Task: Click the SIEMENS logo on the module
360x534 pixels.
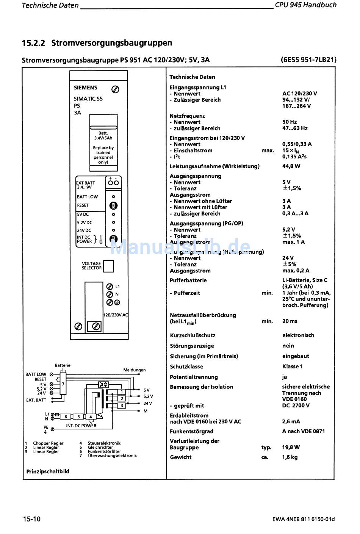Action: [x=85, y=88]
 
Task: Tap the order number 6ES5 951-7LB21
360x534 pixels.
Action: [x=308, y=60]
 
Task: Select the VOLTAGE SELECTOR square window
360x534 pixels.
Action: [x=109, y=266]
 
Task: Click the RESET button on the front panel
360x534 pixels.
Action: [x=113, y=206]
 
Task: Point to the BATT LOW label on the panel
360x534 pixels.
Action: [x=87, y=197]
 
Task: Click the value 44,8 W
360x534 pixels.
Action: [x=291, y=166]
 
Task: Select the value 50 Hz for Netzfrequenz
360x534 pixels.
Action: [x=290, y=122]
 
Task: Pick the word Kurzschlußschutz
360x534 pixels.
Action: [x=193, y=335]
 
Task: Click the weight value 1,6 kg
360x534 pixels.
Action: [x=290, y=457]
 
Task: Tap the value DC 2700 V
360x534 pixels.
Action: [x=296, y=406]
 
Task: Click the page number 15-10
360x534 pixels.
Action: [x=31, y=519]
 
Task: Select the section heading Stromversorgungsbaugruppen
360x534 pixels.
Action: [x=111, y=43]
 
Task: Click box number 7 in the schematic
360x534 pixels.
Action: [x=63, y=384]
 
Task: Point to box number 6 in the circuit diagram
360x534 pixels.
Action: [x=66, y=417]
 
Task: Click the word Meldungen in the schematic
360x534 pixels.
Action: [x=134, y=370]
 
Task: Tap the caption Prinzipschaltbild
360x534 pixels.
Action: [x=48, y=471]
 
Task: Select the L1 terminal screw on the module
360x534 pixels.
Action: [x=110, y=287]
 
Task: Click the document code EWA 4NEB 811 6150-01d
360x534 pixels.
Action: [x=304, y=519]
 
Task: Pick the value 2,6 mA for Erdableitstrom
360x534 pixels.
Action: [x=291, y=421]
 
